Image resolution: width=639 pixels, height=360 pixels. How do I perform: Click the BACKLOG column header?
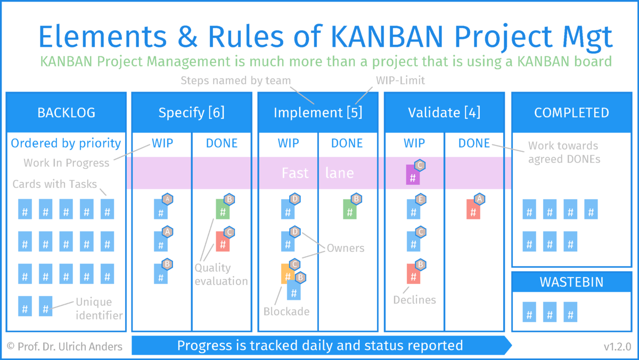pyautogui.click(x=66, y=113)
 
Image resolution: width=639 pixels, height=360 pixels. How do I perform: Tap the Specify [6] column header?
pyautogui.click(x=191, y=113)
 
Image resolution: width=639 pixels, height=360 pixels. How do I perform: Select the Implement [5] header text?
pyautogui.click(x=318, y=113)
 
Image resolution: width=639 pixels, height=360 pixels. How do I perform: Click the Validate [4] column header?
pyautogui.click(x=444, y=113)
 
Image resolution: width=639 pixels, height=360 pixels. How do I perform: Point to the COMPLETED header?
pyautogui.click(x=571, y=113)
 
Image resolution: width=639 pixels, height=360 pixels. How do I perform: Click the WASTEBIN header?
pyautogui.click(x=571, y=282)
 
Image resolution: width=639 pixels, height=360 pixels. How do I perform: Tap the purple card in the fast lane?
pyautogui.click(x=413, y=175)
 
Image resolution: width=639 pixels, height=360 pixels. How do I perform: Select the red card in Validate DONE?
pyautogui.click(x=473, y=209)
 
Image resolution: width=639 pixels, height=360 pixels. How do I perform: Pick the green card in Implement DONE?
pyautogui.click(x=350, y=209)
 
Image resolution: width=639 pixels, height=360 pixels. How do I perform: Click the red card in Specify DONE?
pyautogui.click(x=223, y=241)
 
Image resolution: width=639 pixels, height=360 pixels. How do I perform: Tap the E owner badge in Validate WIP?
pyautogui.click(x=421, y=199)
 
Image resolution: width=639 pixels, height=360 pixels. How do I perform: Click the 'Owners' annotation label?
pyautogui.click(x=346, y=248)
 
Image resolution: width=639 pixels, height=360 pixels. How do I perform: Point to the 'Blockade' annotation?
pyautogui.click(x=286, y=312)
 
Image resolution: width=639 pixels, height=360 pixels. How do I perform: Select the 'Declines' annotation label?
pyautogui.click(x=414, y=300)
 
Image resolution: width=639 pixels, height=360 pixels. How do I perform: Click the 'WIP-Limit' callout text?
pyautogui.click(x=400, y=80)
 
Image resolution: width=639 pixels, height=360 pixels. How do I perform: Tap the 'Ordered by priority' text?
pyautogui.click(x=66, y=143)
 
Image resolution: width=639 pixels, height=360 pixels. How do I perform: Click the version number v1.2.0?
pyautogui.click(x=617, y=347)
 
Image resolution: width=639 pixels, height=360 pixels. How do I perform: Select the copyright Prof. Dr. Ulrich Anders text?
pyautogui.click(x=64, y=347)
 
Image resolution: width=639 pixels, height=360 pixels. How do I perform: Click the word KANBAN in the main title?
pyautogui.click(x=387, y=37)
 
